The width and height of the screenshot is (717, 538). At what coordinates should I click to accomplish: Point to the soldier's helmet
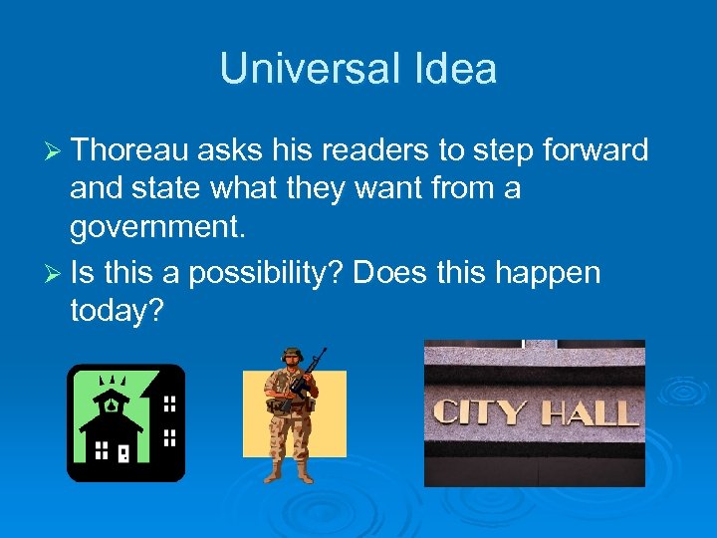tap(291, 355)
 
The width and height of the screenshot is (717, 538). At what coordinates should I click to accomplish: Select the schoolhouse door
tap(123, 453)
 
